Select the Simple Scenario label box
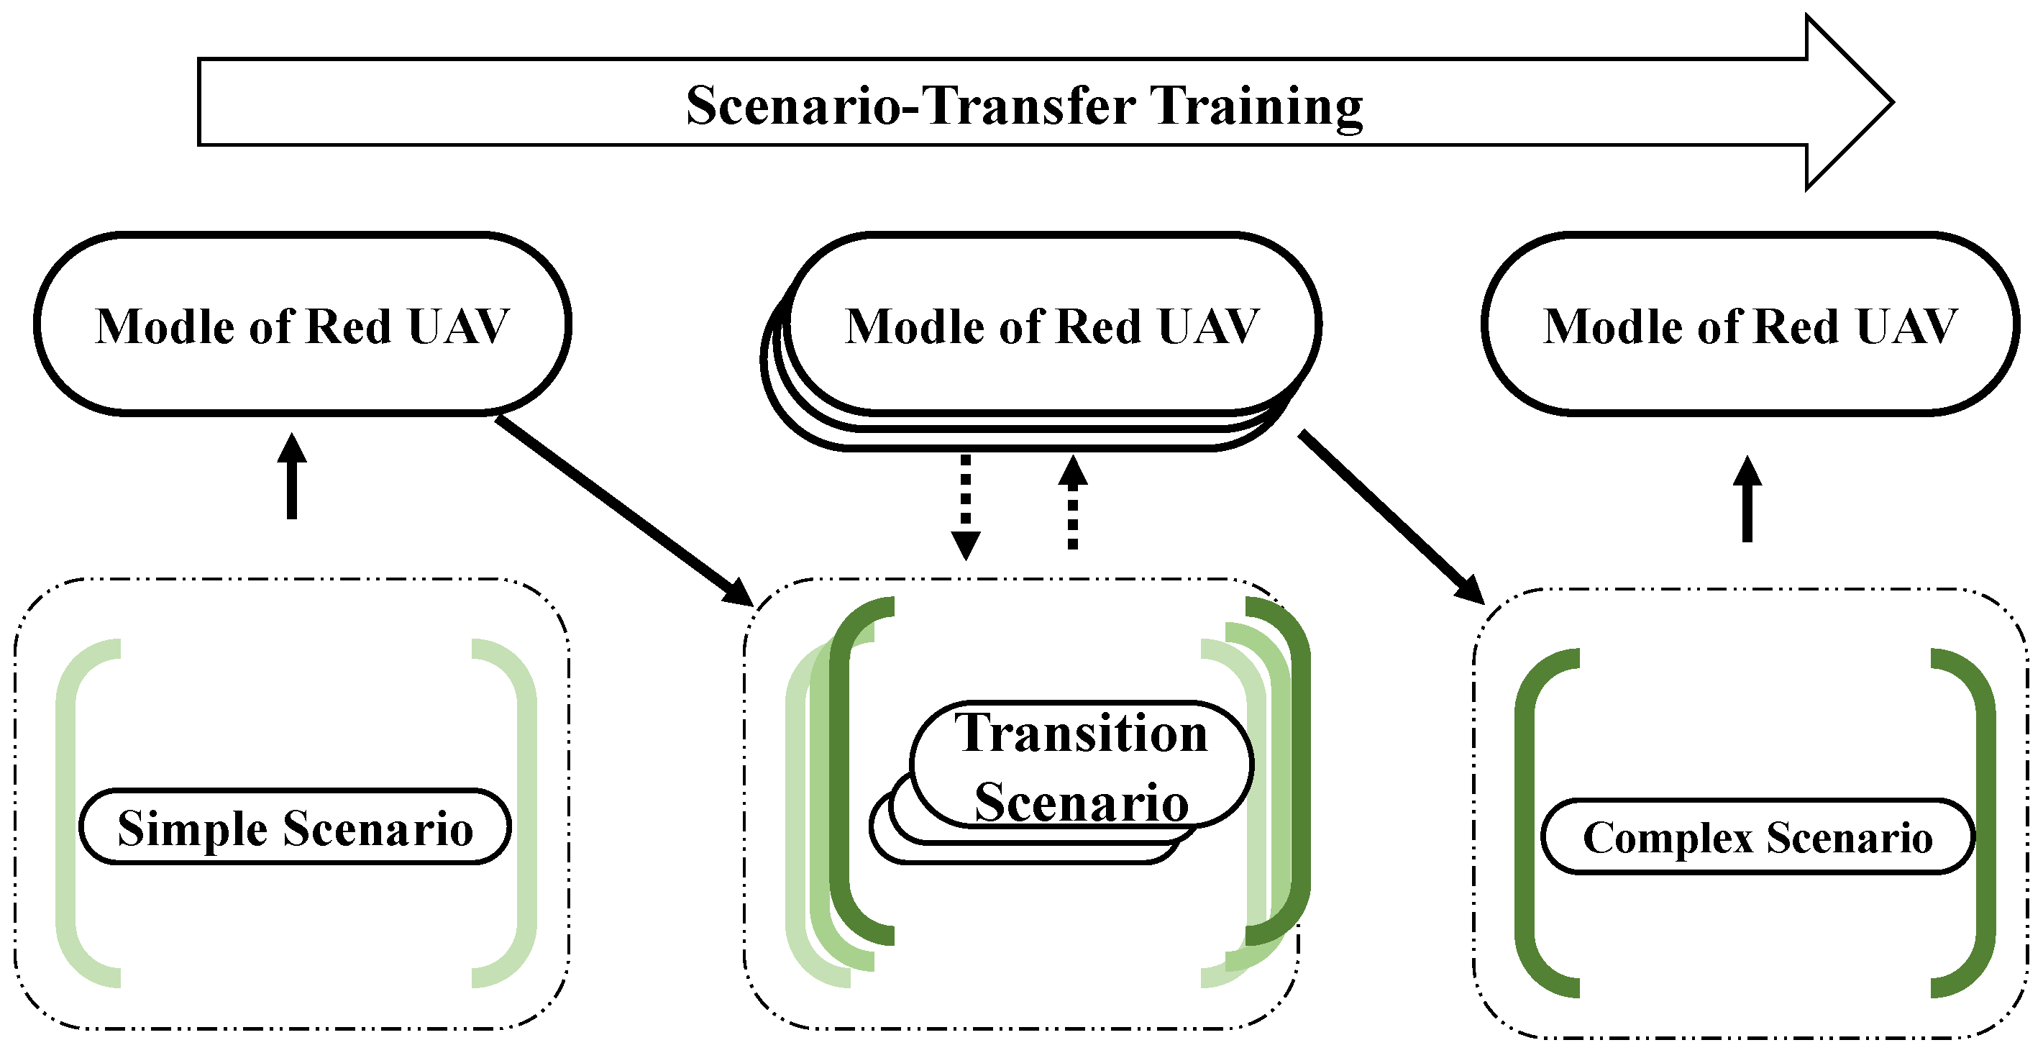[x=295, y=828]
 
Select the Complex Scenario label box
[x=1757, y=836]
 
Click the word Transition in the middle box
[x=1080, y=733]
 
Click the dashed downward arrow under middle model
[x=965, y=508]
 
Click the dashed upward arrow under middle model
[x=1072, y=503]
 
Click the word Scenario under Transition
[x=1080, y=802]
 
